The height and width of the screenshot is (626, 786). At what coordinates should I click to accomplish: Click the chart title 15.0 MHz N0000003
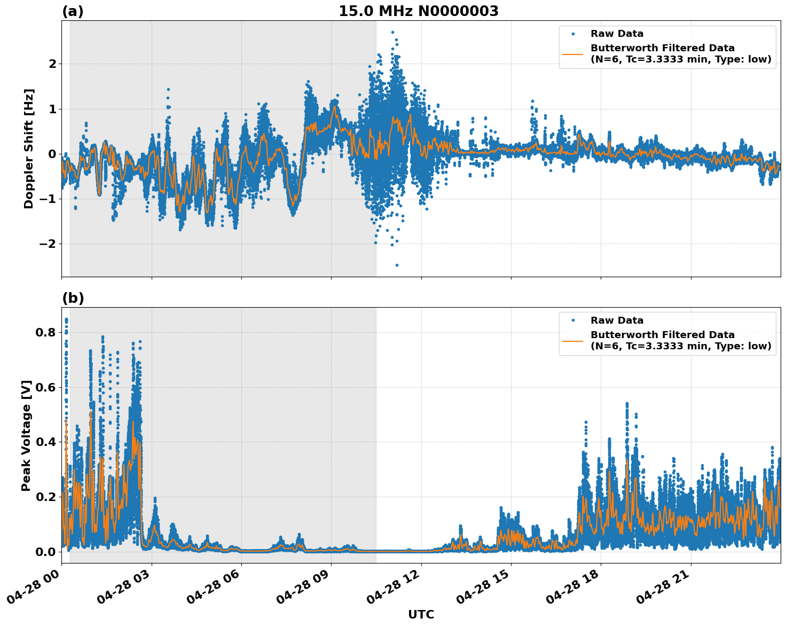click(x=418, y=11)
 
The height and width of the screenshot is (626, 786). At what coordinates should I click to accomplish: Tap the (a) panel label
click(x=73, y=11)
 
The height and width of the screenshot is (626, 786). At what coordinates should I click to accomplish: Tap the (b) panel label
click(x=73, y=298)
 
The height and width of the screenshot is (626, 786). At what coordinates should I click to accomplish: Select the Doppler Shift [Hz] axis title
click(x=29, y=148)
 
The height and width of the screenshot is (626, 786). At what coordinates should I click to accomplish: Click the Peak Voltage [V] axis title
click(x=26, y=435)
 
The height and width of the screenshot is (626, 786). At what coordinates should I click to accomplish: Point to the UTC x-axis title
click(x=421, y=614)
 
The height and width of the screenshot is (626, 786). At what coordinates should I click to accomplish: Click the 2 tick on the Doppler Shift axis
click(x=52, y=64)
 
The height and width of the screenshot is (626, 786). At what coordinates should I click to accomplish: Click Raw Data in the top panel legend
click(x=617, y=34)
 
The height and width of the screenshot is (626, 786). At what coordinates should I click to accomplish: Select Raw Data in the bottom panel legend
click(x=617, y=320)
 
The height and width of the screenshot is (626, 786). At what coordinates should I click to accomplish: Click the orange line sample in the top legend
click(x=573, y=53)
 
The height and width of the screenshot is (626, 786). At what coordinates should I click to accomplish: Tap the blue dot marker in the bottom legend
click(x=573, y=320)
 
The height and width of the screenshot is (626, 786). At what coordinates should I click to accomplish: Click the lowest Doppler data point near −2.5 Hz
click(x=397, y=265)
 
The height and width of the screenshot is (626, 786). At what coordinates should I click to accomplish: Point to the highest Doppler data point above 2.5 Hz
click(x=392, y=33)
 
